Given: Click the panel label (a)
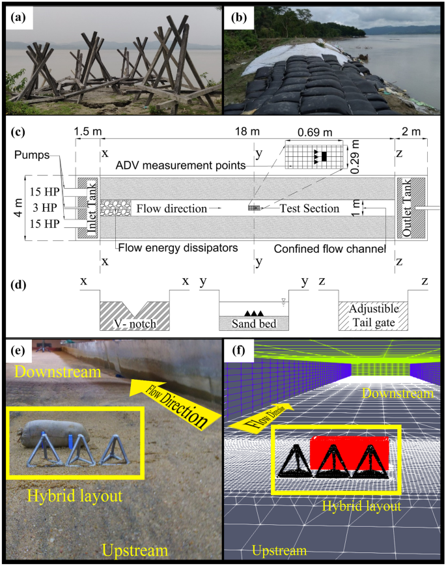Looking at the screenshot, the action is point(17,18).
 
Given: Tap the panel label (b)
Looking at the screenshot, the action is point(235,18).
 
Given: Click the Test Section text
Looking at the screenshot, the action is point(309,208).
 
